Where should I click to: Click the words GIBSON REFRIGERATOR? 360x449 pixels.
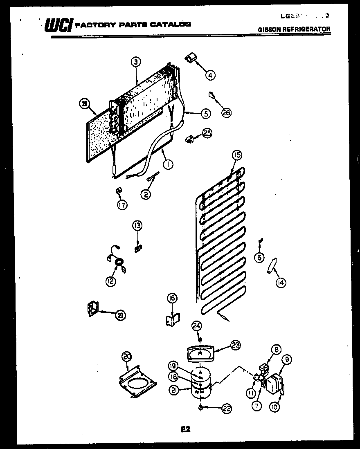(x=294, y=29)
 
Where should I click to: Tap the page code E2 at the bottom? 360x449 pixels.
(x=185, y=429)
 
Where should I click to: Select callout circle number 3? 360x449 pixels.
(x=136, y=62)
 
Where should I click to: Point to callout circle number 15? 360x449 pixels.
(x=237, y=155)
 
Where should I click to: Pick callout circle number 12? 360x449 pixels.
(x=110, y=281)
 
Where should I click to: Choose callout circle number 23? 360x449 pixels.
(x=235, y=345)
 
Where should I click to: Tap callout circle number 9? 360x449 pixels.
(x=287, y=360)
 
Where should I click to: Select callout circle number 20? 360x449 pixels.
(x=127, y=357)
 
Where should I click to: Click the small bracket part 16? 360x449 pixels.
(x=171, y=319)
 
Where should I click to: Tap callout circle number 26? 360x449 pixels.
(x=226, y=112)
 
